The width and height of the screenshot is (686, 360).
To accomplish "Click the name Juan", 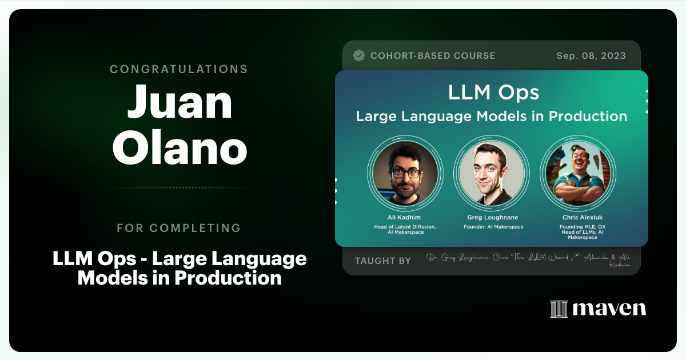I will click(179, 101).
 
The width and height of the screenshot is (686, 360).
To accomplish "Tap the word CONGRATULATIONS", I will click(179, 69).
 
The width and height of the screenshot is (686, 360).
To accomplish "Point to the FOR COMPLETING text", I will click(179, 228).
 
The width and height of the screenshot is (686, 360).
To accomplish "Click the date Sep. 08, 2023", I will click(591, 56).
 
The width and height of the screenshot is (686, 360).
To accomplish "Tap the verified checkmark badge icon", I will click(359, 55).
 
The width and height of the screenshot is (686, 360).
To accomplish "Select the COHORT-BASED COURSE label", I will click(432, 56).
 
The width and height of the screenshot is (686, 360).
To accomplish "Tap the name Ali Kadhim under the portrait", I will click(405, 217).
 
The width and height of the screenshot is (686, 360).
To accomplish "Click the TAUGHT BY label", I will click(382, 261).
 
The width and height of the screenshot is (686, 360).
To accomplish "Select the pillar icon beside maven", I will click(559, 309).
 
